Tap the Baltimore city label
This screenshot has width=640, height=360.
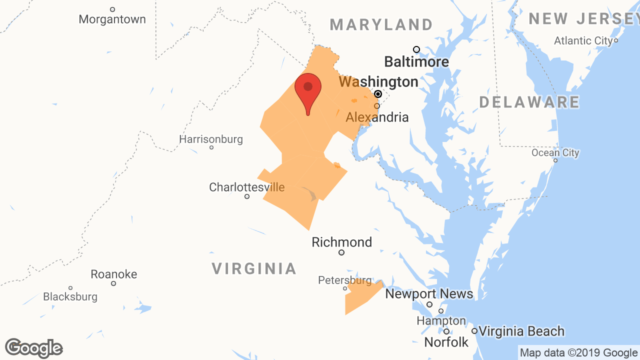[x=416, y=61]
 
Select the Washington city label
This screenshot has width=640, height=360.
[x=378, y=81]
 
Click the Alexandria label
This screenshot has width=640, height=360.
[x=377, y=117]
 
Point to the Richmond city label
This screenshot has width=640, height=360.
[x=342, y=242]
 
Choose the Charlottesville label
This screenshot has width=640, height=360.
[x=247, y=187]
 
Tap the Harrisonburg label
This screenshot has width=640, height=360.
[x=211, y=139]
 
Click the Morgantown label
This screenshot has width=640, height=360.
[x=112, y=19]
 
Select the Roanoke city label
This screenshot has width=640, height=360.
[x=114, y=274]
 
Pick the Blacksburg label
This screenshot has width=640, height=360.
[x=70, y=297]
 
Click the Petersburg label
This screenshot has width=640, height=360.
[x=345, y=280]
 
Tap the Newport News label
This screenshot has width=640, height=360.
[x=429, y=294]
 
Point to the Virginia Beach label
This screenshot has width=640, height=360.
[x=521, y=331]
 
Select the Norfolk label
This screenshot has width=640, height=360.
[x=446, y=342]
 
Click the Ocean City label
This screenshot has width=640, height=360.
[x=555, y=153]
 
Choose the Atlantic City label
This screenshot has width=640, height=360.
[x=583, y=41]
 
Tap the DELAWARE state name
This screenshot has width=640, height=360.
[x=529, y=102]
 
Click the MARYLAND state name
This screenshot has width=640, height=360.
[x=381, y=24]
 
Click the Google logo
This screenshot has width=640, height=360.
[x=34, y=348]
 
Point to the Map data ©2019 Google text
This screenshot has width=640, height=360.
[x=578, y=353]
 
